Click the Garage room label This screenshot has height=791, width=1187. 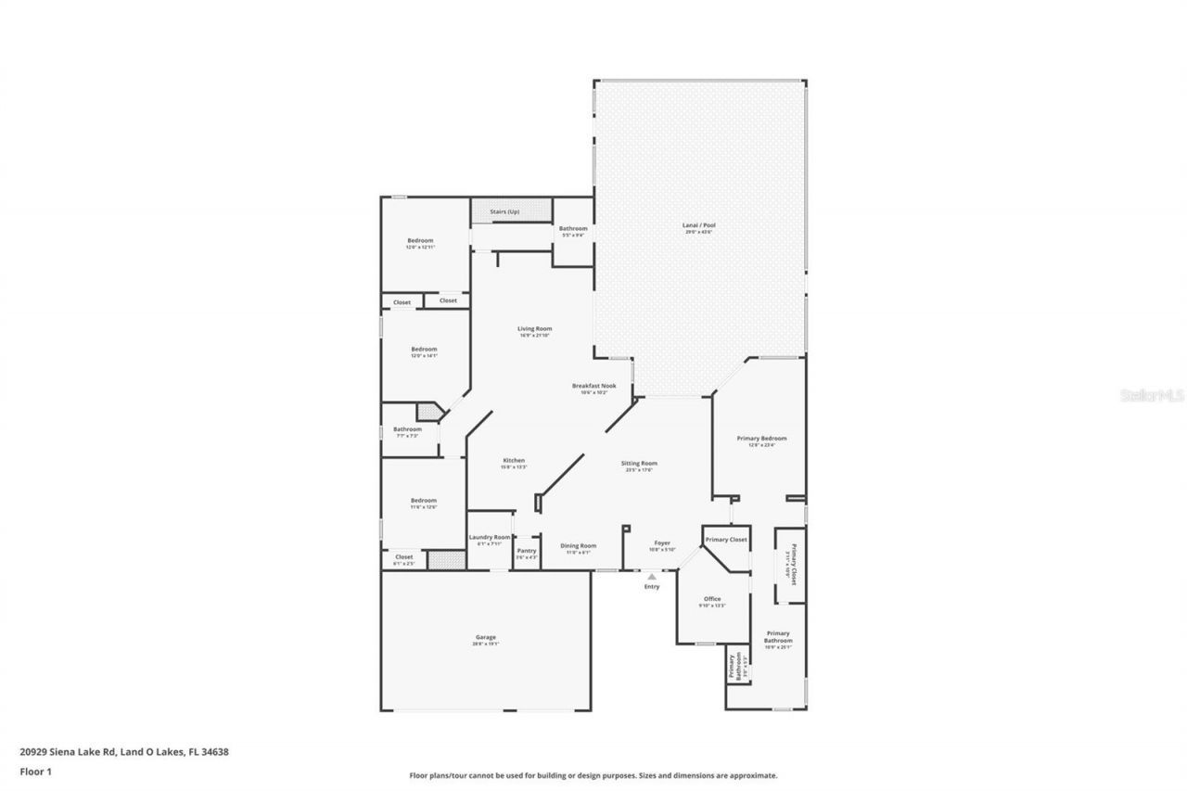click(486, 637)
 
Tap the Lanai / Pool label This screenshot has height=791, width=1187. click(700, 225)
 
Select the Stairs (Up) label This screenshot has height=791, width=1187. click(504, 212)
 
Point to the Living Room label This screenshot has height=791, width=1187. click(534, 328)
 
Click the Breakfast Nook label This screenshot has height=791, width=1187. click(593, 386)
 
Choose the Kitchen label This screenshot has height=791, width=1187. click(514, 461)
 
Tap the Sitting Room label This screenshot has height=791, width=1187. click(639, 463)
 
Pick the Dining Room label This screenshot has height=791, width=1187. click(578, 545)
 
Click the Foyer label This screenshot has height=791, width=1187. click(662, 542)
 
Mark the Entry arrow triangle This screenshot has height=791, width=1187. click(652, 577)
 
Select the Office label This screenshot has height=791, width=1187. click(712, 599)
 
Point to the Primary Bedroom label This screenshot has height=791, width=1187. click(761, 439)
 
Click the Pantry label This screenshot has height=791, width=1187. click(527, 551)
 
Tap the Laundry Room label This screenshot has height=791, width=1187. click(490, 537)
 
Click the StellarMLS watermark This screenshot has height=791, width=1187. click(1153, 395)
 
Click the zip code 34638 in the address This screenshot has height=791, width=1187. click(215, 752)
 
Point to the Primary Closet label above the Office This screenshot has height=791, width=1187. click(726, 539)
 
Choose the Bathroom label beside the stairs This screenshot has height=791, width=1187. click(572, 228)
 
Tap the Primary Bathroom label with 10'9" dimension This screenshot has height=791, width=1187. click(778, 637)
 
